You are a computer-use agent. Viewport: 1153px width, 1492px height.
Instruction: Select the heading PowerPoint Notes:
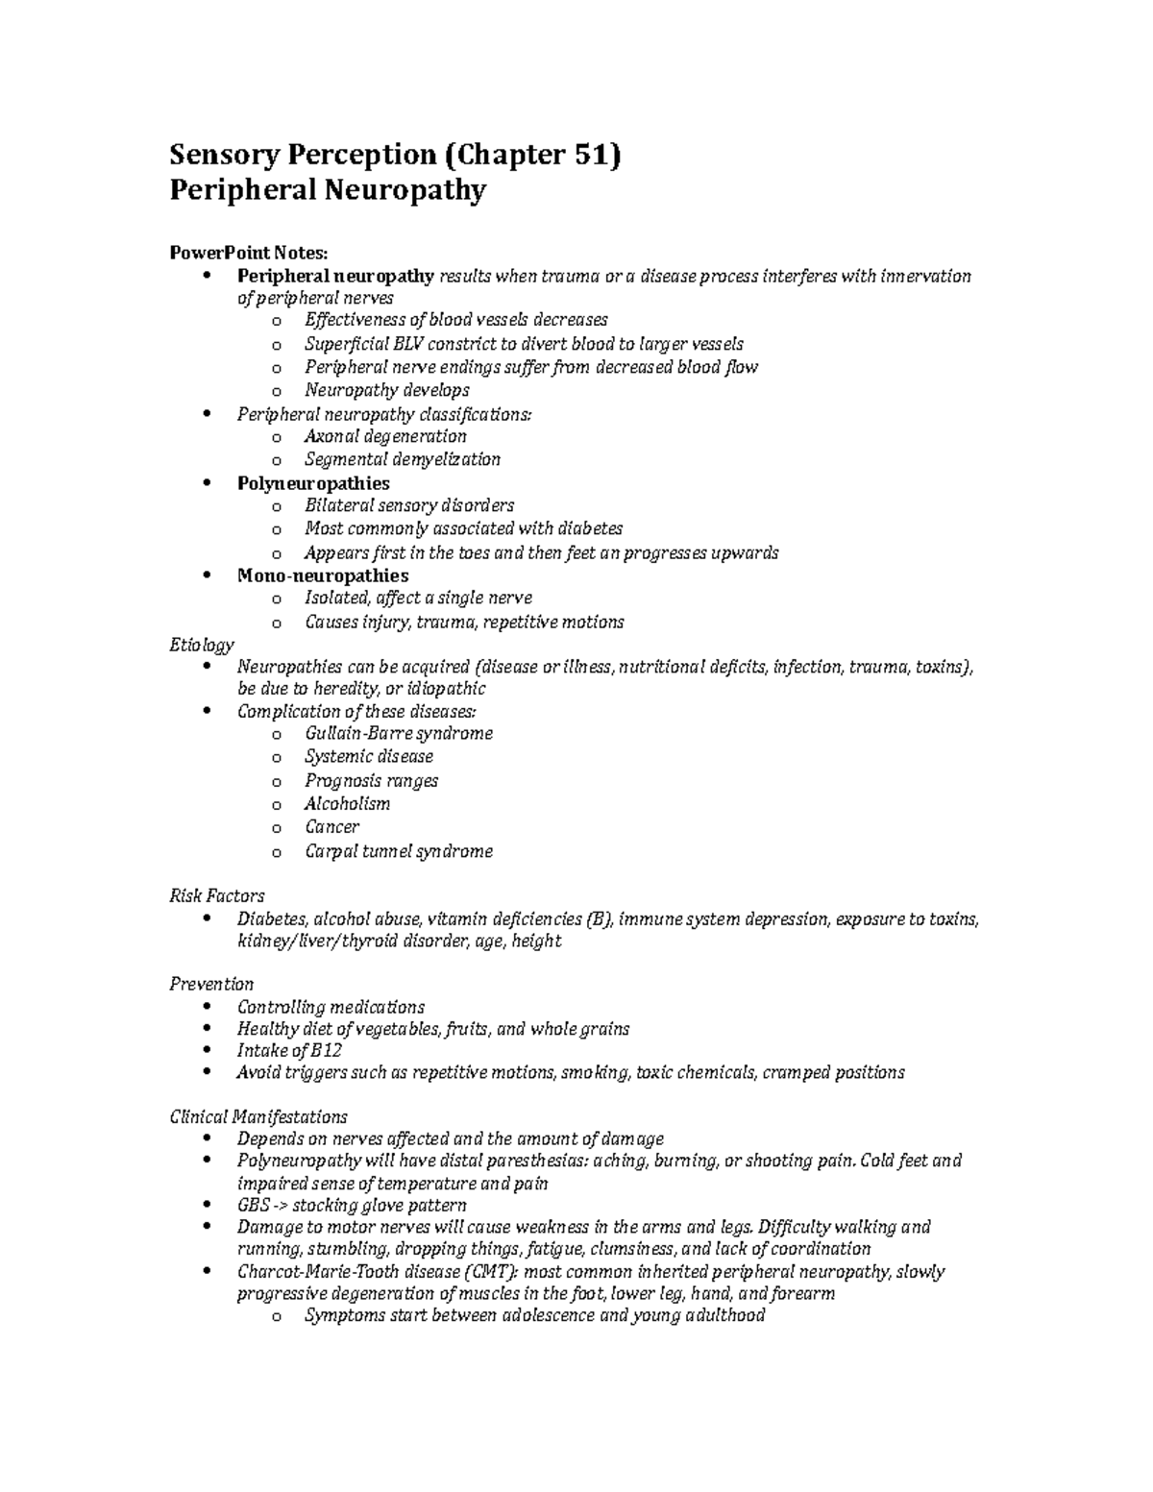pos(248,253)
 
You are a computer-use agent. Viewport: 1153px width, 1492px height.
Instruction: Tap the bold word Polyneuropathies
pos(313,482)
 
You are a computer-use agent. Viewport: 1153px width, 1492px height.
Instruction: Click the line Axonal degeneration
pos(384,436)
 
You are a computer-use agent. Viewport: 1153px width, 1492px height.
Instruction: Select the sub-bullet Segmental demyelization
pos(402,459)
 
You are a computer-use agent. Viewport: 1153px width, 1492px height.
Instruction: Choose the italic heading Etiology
pos(201,645)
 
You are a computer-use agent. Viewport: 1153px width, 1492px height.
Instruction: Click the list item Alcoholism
pos(347,804)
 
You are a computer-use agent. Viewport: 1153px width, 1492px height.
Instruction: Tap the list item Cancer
pos(331,827)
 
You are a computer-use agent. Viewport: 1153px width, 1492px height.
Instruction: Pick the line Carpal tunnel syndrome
pos(398,851)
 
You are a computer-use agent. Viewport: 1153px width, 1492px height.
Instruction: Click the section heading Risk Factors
pos(216,896)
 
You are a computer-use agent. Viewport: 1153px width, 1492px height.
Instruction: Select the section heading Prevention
pos(211,984)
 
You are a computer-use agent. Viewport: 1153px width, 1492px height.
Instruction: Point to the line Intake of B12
pos(289,1050)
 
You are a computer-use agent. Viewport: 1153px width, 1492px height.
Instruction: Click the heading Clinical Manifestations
pos(258,1116)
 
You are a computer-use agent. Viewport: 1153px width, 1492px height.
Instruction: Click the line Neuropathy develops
pos(386,390)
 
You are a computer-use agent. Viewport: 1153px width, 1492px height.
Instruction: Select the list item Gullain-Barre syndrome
pos(398,733)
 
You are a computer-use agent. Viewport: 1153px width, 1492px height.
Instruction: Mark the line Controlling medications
pos(331,1007)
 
